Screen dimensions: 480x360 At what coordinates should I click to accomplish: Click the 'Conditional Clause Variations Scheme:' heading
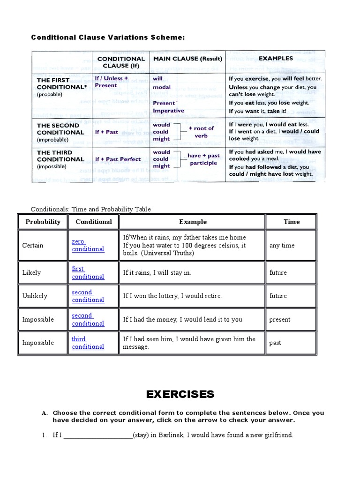click(105, 37)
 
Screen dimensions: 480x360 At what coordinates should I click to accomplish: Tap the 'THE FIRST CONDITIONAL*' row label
click(60, 83)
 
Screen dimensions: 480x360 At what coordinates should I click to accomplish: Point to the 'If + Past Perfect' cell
click(118, 159)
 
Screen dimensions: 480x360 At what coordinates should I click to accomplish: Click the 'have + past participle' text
click(203, 159)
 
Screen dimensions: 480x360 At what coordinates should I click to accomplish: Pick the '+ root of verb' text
click(201, 132)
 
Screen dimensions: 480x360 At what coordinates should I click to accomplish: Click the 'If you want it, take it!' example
click(257, 111)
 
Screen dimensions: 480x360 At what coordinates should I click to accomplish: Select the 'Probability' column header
click(43, 222)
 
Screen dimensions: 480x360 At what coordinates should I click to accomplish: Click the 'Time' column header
click(291, 222)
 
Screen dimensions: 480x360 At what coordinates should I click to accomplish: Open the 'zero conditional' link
click(88, 245)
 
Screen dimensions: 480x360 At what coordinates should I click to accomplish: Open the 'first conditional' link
click(88, 272)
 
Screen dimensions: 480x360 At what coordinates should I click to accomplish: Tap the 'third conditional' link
click(88, 343)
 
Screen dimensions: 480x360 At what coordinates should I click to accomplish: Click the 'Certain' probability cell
click(32, 245)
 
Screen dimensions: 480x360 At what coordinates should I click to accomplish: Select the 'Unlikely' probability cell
click(35, 296)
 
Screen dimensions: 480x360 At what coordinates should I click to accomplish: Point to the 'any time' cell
click(282, 245)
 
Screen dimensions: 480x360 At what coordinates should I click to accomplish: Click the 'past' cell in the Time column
click(275, 343)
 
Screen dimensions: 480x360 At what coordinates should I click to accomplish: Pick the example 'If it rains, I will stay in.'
click(157, 272)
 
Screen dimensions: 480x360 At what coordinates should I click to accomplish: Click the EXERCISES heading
click(180, 394)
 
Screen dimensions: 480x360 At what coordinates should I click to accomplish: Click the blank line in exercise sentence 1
click(98, 435)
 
